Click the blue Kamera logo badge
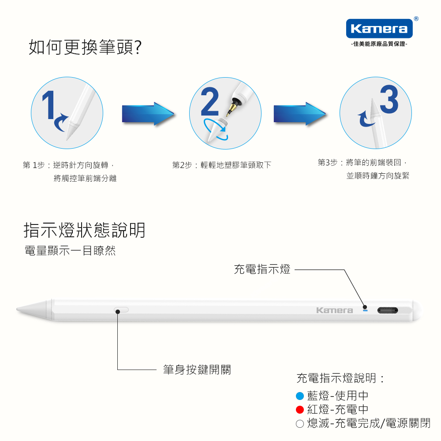(x=379, y=28)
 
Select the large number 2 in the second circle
(x=210, y=101)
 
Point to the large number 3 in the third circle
(x=389, y=99)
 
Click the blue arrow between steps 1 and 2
(x=148, y=114)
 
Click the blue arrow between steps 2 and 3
(x=300, y=114)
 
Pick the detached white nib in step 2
(x=217, y=130)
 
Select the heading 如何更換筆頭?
(x=85, y=47)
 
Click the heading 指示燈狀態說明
(x=84, y=230)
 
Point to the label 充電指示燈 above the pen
(x=262, y=269)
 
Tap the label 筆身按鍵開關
(x=197, y=370)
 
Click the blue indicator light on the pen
(x=365, y=310)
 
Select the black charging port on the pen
(x=388, y=310)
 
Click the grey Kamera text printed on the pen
(x=334, y=310)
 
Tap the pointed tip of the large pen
(x=17, y=309)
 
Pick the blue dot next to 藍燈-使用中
(x=300, y=396)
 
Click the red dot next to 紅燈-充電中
(x=300, y=410)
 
